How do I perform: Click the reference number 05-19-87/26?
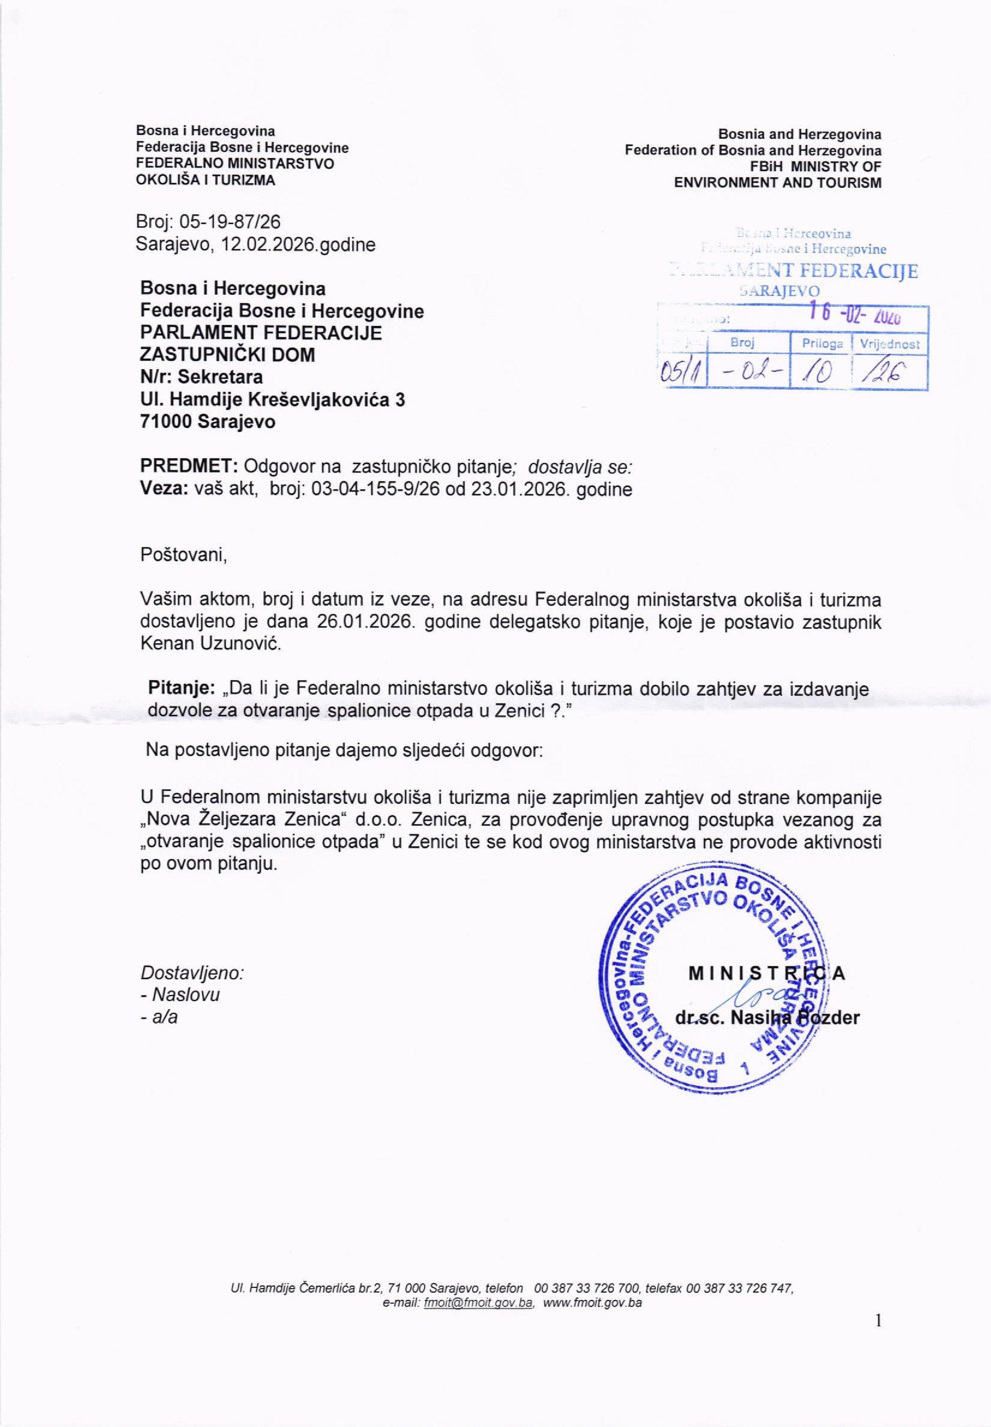(230, 222)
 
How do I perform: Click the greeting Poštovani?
(184, 554)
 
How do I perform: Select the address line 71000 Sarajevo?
(208, 421)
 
